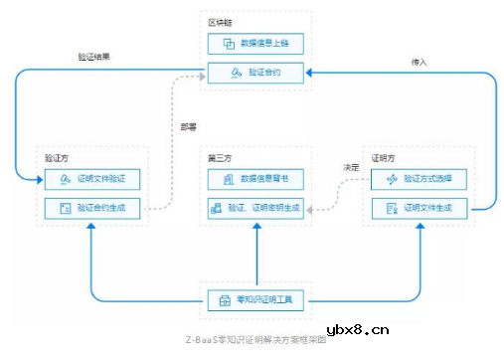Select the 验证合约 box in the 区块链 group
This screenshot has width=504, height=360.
(255, 73)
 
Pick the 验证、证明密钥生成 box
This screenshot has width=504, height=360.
(255, 209)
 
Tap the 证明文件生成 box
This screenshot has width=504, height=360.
(419, 209)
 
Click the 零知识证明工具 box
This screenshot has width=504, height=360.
(255, 299)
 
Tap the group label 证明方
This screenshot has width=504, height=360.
(382, 157)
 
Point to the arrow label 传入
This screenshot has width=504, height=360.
(419, 62)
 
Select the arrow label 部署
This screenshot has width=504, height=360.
(187, 126)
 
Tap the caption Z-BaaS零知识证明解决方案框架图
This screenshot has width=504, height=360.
(254, 339)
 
